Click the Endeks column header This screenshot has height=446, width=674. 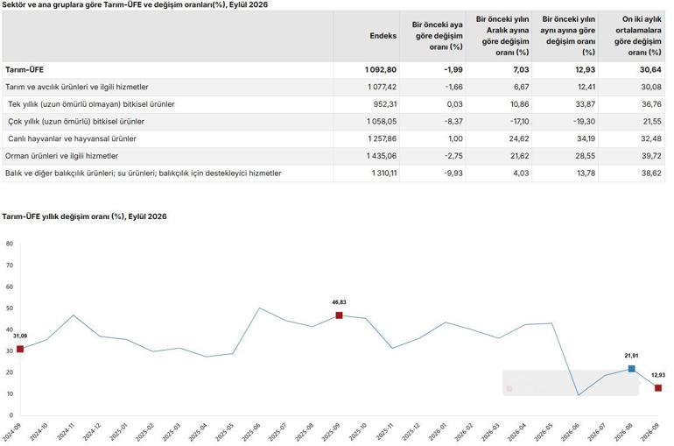tap(383, 36)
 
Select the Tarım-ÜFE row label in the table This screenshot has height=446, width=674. tap(25, 70)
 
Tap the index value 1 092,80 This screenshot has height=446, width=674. tap(381, 70)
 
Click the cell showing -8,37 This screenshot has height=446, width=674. tap(453, 121)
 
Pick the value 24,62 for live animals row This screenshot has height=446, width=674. tap(519, 138)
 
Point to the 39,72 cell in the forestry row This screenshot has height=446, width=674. tap(651, 156)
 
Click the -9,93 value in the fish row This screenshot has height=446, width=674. tap(453, 173)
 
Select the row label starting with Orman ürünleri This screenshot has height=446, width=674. tap(61, 156)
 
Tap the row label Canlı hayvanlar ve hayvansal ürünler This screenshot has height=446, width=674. tap(72, 138)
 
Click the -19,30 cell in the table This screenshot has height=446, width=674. tap(584, 121)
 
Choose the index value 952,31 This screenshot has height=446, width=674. tap(384, 104)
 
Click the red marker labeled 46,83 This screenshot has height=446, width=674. tap(339, 315)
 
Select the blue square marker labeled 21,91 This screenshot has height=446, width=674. tap(631, 369)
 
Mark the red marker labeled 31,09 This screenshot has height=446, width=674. tap(20, 349)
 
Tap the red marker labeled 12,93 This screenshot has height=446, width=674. tap(658, 388)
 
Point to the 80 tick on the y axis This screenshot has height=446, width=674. tap(10, 244)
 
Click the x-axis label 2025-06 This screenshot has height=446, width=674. tap(251, 432)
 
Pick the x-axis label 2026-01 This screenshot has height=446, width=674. tap(438, 432)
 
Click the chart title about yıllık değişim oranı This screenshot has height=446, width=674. tap(84, 216)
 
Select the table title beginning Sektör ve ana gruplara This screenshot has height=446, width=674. tap(135, 4)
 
